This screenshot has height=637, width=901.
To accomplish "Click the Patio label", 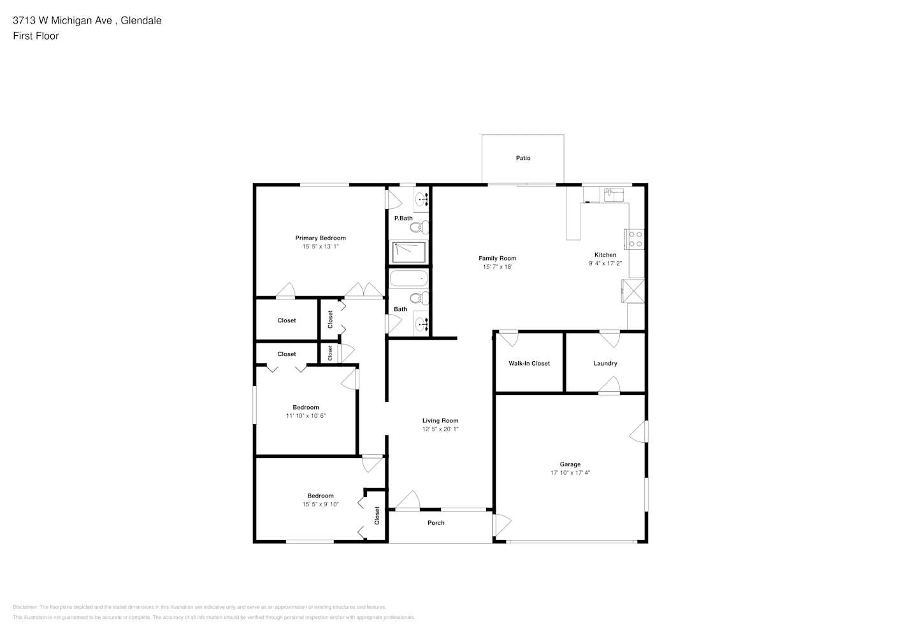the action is click(523, 158).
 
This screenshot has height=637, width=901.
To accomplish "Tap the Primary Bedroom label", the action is click(321, 238).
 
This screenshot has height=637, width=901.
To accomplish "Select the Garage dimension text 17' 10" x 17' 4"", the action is click(570, 473).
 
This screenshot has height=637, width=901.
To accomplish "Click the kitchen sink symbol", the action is click(614, 195).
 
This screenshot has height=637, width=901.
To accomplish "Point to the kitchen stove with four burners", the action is click(634, 239).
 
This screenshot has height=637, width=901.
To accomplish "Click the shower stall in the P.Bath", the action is click(408, 252).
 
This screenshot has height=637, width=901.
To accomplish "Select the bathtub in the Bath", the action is click(408, 278).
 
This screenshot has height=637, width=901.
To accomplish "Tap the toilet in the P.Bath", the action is click(419, 227).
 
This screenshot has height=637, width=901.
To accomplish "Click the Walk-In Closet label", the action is click(529, 363).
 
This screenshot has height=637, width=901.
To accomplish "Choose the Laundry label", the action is click(605, 363).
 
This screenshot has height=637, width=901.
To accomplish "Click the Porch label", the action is click(436, 523).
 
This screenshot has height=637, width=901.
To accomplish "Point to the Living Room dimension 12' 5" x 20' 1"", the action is click(440, 429).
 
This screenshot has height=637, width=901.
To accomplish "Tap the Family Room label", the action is click(497, 258).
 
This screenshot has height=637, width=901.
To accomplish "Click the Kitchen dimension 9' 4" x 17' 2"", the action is click(605, 264).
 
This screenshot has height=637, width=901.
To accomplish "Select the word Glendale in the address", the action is click(141, 20).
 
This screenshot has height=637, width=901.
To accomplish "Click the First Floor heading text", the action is click(36, 36).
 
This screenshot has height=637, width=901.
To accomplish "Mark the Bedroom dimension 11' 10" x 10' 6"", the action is click(306, 416).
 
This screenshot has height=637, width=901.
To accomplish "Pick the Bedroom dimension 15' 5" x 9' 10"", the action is click(321, 505).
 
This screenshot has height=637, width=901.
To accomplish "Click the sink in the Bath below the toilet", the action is click(421, 322).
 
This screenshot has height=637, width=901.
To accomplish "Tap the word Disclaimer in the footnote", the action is click(25, 607).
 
